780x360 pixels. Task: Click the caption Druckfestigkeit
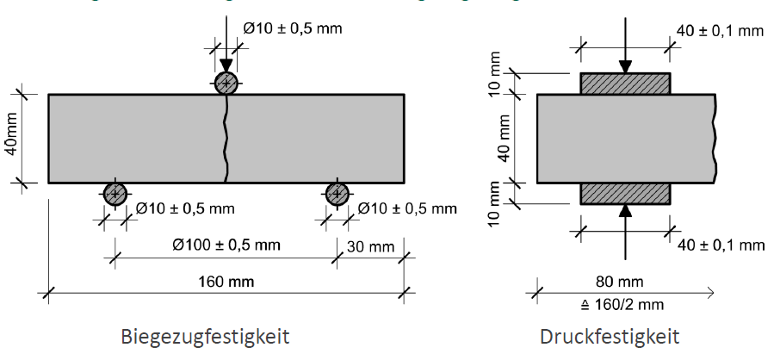pos(610,336)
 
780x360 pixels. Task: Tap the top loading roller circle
pos(226,83)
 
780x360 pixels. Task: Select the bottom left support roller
pos(115,195)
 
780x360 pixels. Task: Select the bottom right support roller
pos(337,195)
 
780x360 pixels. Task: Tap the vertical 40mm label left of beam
pos(11,138)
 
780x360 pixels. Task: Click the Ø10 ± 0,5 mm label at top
pos(293,28)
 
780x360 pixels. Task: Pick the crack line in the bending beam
pos(225,138)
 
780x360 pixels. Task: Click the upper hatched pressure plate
pos(625,84)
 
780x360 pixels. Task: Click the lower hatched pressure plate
pos(625,194)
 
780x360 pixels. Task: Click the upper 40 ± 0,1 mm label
pos(720,31)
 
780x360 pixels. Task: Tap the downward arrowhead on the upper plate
pos(626,66)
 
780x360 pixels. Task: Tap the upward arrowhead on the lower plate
pos(626,211)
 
